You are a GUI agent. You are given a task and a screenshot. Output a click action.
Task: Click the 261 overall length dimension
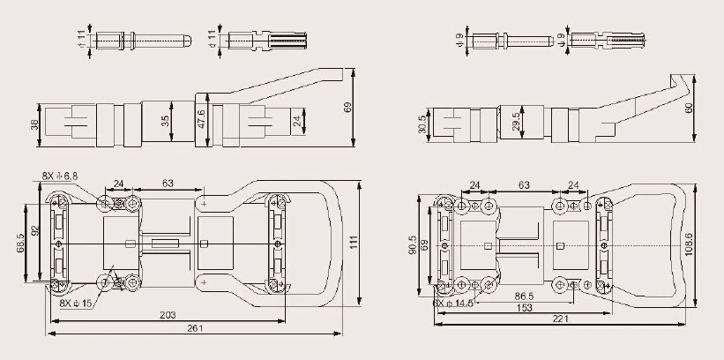[x=196, y=328]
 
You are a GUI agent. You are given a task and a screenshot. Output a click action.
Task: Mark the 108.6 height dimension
[x=690, y=238]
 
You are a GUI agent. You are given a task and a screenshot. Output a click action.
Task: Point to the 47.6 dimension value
[x=200, y=120]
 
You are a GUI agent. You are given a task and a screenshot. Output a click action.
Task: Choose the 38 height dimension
[x=35, y=125]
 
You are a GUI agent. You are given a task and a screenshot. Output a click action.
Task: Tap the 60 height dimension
[x=689, y=107]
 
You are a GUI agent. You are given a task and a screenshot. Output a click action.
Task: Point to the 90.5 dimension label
[x=413, y=244]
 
